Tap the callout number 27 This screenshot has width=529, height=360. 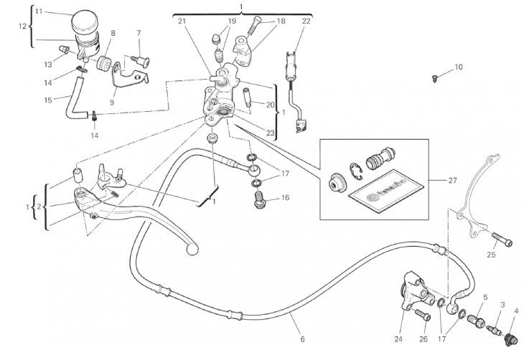click(x=451, y=181)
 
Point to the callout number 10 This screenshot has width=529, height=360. click(x=459, y=67)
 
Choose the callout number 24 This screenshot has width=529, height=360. click(x=398, y=338)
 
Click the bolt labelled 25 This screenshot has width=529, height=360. click(x=501, y=241)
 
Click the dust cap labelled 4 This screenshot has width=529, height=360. click(x=512, y=337)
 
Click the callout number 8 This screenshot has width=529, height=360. click(x=113, y=33)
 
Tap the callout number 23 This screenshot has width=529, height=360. click(x=270, y=132)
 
